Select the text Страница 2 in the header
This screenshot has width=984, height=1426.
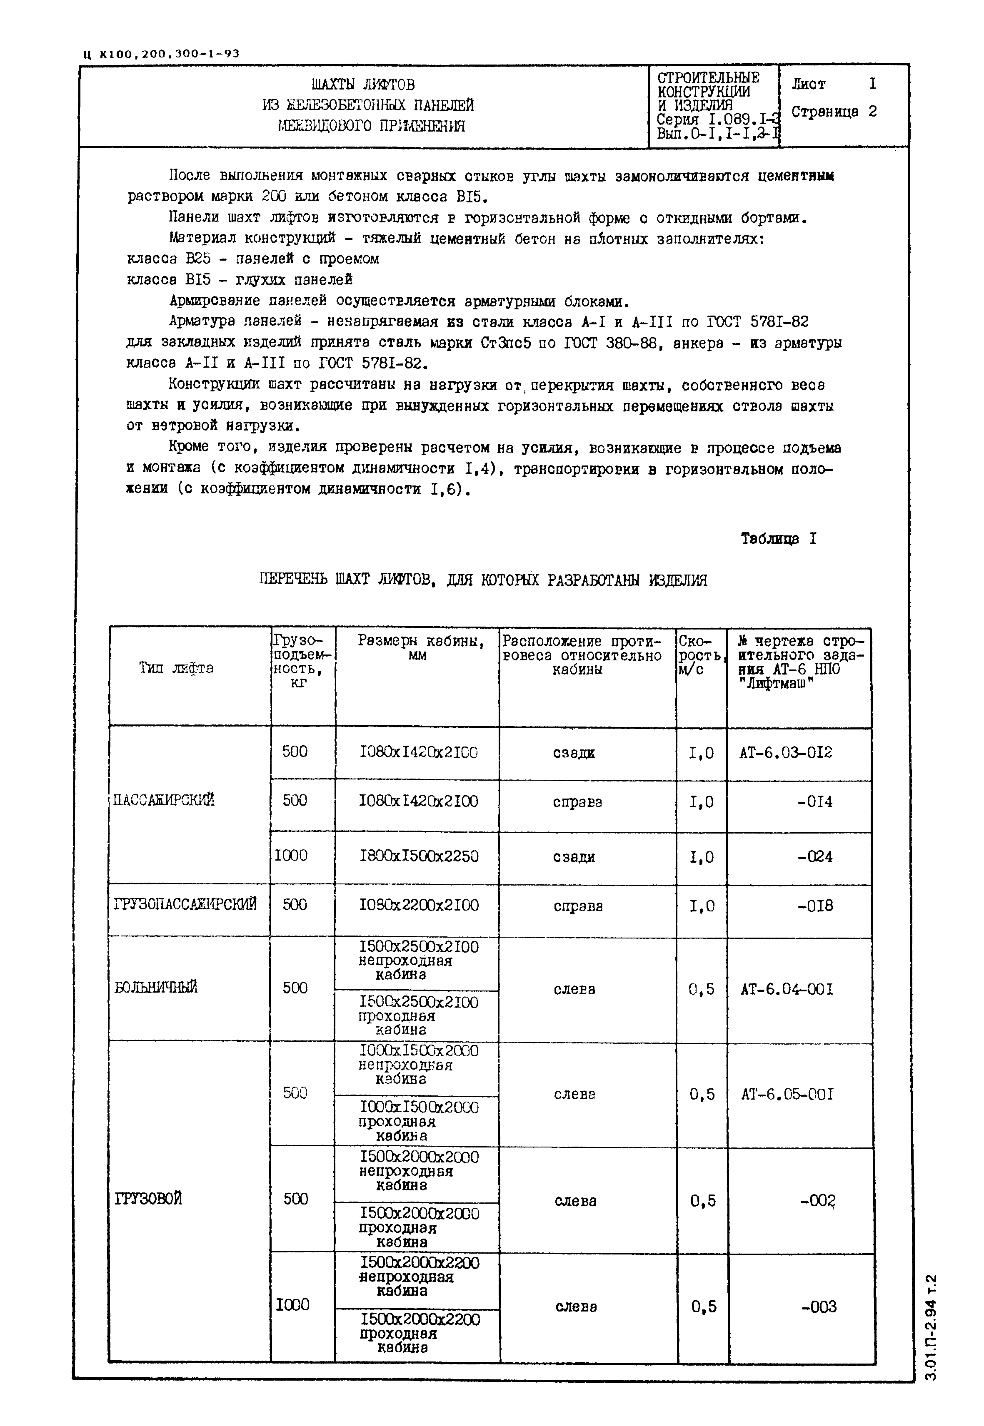pyautogui.click(x=834, y=112)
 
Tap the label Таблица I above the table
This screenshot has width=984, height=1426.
pyautogui.click(x=778, y=539)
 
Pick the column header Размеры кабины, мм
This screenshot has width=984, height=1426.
pyautogui.click(x=420, y=648)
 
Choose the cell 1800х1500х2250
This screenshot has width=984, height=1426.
pyautogui.click(x=419, y=856)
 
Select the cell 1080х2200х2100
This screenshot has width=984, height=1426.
pyautogui.click(x=419, y=905)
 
